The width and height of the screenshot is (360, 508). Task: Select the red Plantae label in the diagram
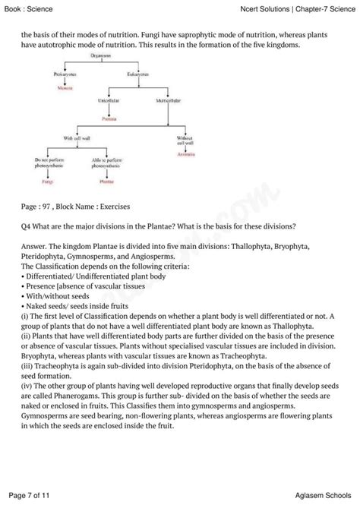(106, 182)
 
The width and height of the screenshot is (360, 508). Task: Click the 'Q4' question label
(27, 227)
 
